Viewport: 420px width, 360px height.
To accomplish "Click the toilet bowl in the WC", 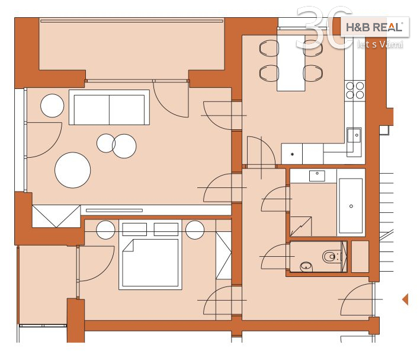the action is pos(329,257).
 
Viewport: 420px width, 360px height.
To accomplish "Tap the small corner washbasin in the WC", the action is pos(306,267).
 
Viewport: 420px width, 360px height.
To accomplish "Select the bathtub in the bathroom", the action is pos(351,206).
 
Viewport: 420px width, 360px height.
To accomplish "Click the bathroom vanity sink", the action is pos(317,176).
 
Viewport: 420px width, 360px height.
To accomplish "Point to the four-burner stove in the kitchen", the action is pos(355,90).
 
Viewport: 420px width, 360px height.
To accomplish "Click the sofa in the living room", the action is pos(109,107).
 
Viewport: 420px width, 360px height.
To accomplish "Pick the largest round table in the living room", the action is pos(73,170).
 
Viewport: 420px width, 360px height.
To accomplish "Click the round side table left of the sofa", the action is pos(52,106).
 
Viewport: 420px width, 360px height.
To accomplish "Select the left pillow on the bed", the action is pos(134,230).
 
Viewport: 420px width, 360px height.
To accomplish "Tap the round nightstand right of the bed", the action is pos(195,230).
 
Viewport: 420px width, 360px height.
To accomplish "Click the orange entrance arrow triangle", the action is pos(405,299).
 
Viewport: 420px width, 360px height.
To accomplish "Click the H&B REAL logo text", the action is pos(374,27).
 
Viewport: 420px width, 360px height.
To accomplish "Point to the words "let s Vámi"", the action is pos(380,44).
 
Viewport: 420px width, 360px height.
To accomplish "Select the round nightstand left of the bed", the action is pos(105,230).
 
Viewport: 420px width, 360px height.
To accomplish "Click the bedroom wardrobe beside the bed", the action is pos(223,256).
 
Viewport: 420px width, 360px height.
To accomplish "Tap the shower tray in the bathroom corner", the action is pos(301,227).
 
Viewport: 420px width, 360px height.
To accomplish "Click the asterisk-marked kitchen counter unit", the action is pos(292,154).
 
